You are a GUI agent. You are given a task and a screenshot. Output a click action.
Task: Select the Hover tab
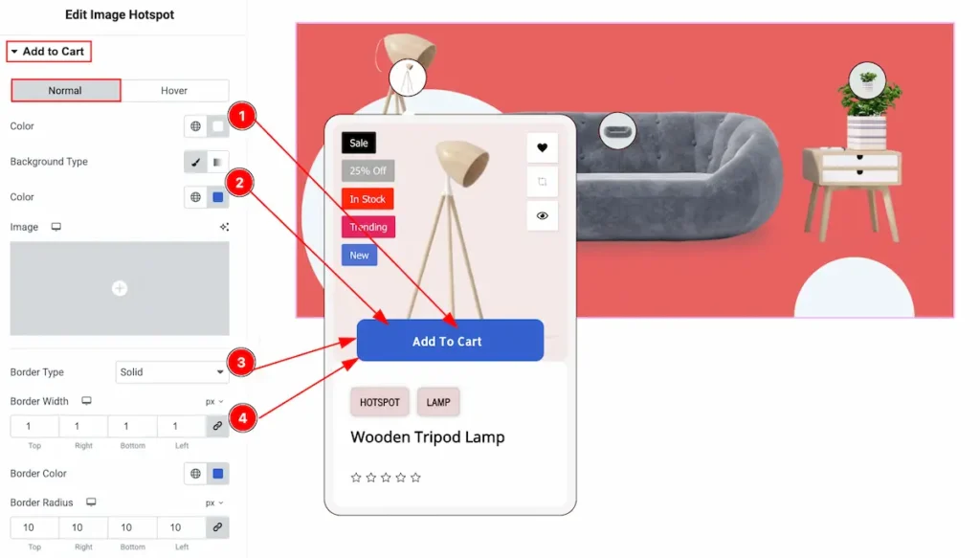click(x=174, y=91)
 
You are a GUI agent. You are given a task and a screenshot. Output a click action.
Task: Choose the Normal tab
click(x=66, y=91)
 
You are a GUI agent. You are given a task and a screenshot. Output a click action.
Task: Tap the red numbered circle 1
click(x=242, y=116)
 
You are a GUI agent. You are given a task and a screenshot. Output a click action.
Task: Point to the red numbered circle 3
click(x=241, y=363)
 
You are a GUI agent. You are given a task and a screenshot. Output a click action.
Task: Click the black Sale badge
click(x=359, y=144)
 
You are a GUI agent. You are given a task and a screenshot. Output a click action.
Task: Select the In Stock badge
click(x=367, y=199)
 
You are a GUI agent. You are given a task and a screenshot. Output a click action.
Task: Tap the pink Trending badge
click(x=368, y=227)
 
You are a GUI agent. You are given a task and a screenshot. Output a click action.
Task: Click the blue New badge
click(x=360, y=255)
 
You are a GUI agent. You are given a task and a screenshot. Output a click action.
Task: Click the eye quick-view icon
click(x=542, y=215)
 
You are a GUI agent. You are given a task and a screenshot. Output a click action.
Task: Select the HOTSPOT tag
click(x=379, y=402)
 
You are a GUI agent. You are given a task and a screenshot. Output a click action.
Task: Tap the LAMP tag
click(x=438, y=402)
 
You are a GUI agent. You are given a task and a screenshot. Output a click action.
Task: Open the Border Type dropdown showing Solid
click(x=172, y=371)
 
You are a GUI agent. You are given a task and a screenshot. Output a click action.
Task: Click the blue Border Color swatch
click(x=218, y=474)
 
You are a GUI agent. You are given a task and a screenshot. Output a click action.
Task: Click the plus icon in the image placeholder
click(x=120, y=289)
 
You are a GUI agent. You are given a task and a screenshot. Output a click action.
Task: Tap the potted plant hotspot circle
click(x=867, y=80)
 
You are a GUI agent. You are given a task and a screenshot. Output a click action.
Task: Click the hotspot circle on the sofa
click(x=617, y=130)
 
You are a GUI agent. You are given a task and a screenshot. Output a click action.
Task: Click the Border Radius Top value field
click(x=29, y=527)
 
